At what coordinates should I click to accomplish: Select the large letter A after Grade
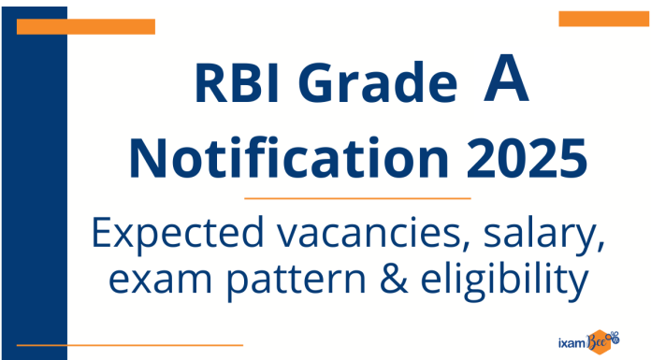(x=506, y=82)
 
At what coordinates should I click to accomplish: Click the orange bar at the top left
(x=85, y=26)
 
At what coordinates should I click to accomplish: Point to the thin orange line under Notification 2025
(x=356, y=198)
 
